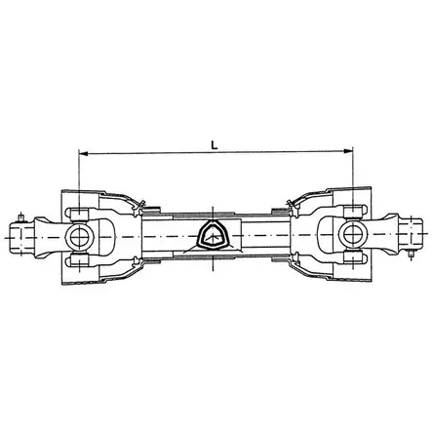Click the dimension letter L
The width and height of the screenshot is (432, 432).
(214, 143)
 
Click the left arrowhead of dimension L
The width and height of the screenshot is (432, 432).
(81, 152)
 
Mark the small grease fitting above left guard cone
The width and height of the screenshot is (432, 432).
(143, 202)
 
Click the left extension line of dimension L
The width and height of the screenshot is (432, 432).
(78, 176)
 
